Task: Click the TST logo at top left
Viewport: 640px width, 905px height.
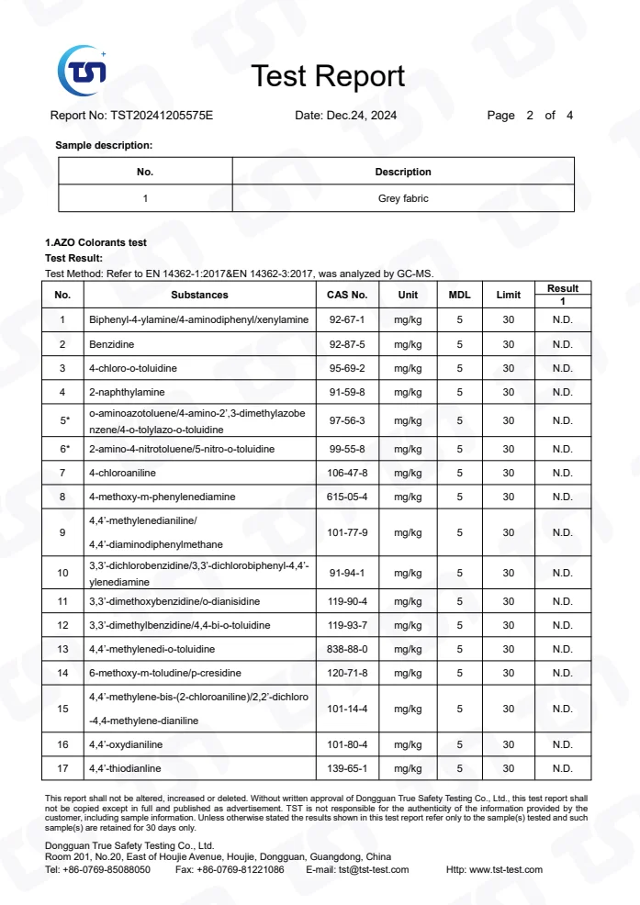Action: click(83, 69)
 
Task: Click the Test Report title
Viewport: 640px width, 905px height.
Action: click(328, 76)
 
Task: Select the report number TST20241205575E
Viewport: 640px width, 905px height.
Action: click(162, 116)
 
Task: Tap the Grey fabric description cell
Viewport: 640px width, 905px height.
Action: click(403, 198)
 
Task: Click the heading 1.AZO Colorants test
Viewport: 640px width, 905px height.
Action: click(96, 242)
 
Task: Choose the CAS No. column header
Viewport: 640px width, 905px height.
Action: click(347, 296)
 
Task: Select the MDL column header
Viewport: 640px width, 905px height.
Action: click(459, 296)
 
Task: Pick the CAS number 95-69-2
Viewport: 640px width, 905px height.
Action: click(347, 368)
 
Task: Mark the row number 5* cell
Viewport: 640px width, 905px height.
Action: click(63, 420)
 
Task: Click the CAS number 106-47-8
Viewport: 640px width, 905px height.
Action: click(347, 473)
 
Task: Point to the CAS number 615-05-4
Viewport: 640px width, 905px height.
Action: click(347, 497)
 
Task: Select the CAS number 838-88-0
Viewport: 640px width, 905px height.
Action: click(347, 649)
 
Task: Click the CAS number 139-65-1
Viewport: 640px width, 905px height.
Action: click(347, 768)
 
